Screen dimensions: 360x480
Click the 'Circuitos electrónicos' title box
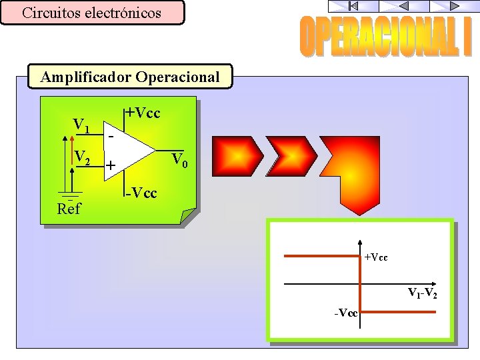point(92,13)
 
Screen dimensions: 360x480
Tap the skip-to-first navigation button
point(353,6)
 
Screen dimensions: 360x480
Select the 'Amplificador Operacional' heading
point(130,77)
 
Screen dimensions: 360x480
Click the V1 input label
point(82,125)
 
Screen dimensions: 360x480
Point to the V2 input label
point(83,157)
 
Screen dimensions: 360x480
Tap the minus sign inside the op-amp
point(111,135)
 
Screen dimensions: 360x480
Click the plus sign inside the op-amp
point(111,164)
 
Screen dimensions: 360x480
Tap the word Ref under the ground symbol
point(69,209)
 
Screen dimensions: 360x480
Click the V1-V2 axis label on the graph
point(423,293)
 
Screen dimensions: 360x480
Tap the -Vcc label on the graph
point(347,313)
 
